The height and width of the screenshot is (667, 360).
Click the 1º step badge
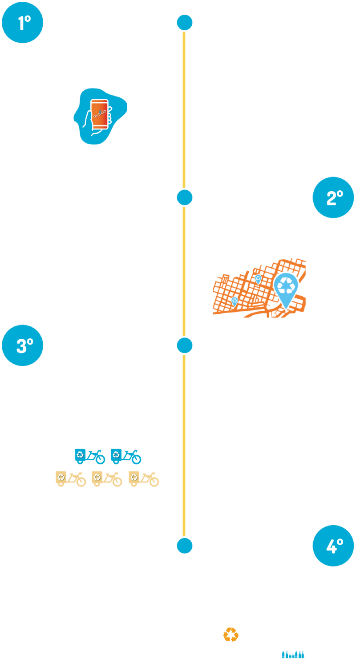pos(23,23)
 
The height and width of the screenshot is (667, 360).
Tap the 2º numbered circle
pos(333,198)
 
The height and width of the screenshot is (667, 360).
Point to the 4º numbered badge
pos(333,546)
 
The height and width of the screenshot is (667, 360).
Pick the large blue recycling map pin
pos(285,289)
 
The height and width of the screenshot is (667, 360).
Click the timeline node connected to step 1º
pos(184,22)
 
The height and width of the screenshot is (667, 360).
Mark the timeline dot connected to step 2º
pos(184,197)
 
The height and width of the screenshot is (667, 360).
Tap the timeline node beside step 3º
pos(184,346)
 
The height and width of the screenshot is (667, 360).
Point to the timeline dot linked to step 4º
pos(184,546)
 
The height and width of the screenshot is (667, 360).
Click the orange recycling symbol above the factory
pos(231,635)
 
